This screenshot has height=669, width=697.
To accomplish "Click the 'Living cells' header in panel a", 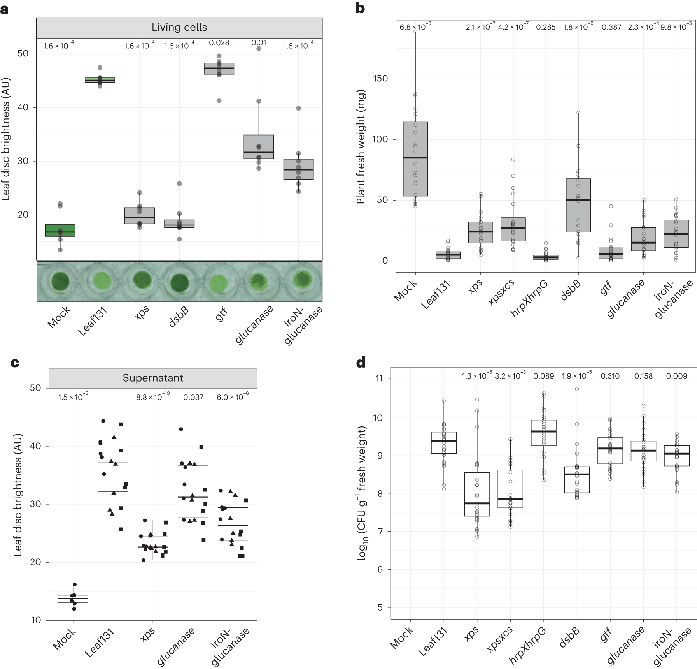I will click(179, 28).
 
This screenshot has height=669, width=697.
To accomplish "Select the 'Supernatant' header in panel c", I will click(153, 378).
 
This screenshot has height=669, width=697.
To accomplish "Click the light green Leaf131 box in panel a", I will click(100, 80).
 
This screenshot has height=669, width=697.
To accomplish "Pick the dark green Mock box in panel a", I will click(60, 230).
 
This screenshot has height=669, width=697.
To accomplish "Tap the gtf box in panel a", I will click(219, 69).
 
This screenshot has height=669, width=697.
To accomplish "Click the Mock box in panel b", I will click(415, 159).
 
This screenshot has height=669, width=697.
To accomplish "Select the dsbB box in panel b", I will click(578, 205).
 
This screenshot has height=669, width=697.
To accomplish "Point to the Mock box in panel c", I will click(73, 599).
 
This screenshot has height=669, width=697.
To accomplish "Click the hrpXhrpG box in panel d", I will click(544, 433).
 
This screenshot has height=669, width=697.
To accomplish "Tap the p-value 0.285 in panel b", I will click(546, 27).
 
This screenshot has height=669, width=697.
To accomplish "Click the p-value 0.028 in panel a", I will click(219, 43).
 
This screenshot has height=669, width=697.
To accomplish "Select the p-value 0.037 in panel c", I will click(193, 397).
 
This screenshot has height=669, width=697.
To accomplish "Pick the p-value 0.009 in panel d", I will click(677, 376).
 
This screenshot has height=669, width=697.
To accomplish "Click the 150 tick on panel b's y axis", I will click(380, 79).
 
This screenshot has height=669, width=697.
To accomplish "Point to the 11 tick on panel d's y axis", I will click(379, 379).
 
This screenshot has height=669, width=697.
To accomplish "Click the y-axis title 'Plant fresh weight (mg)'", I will click(361, 147).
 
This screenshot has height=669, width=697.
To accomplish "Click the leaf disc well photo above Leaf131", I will click(100, 280).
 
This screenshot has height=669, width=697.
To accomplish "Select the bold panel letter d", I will click(361, 363).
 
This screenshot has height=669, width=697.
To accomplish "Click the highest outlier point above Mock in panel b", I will click(415, 32).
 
